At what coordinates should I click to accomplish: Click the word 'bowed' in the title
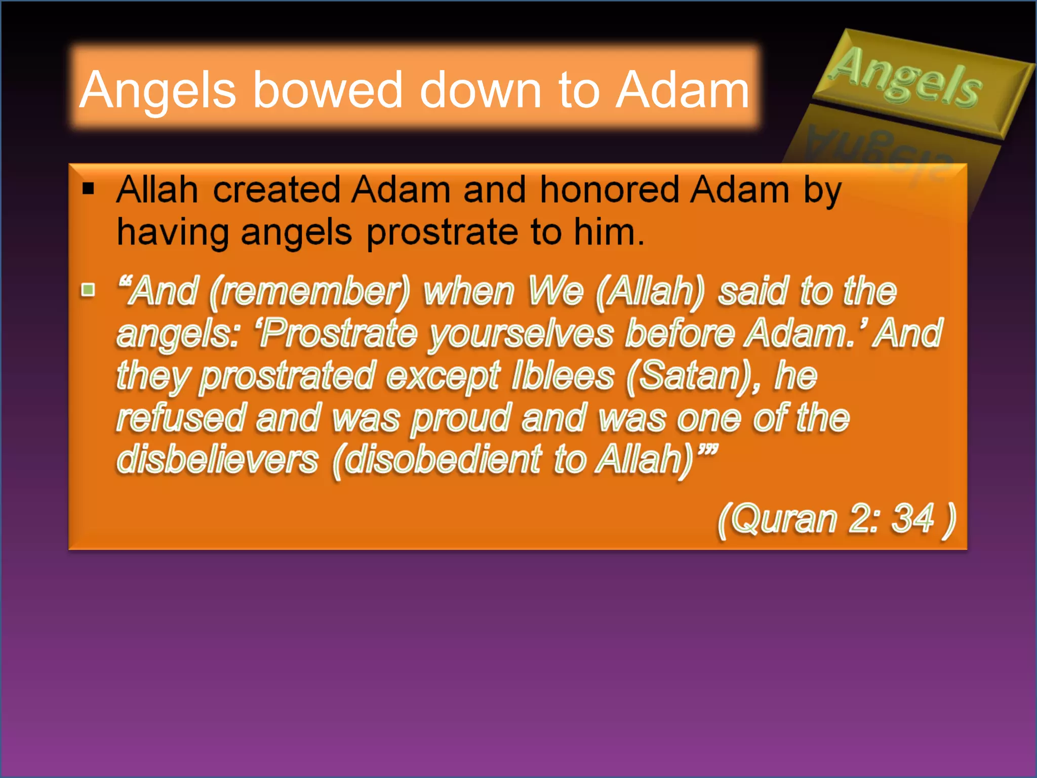coord(328,90)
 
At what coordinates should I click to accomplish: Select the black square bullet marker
coord(89,188)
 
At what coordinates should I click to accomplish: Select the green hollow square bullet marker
coord(89,290)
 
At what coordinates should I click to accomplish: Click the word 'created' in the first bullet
coord(276,190)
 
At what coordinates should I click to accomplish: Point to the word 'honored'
coord(609,190)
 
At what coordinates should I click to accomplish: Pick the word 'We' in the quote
coord(555,291)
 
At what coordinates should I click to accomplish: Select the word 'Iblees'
coord(563,376)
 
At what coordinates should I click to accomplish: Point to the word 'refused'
coord(181,418)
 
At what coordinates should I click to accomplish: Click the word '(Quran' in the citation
coord(777,520)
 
